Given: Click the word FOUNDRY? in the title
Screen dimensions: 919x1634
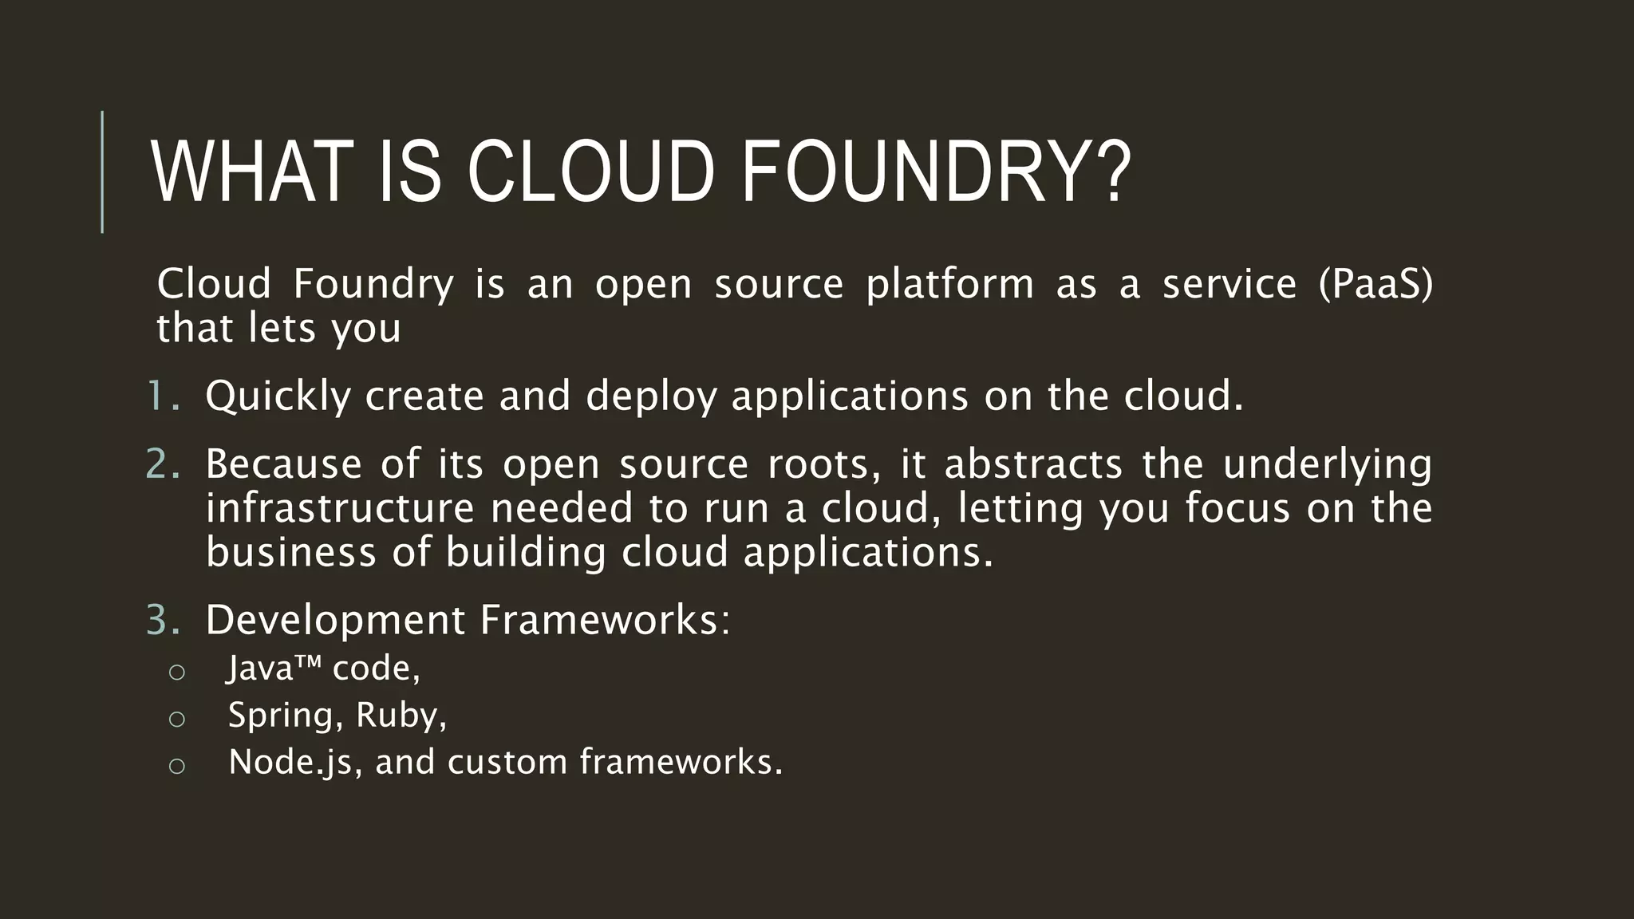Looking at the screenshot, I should pyautogui.click(x=937, y=172).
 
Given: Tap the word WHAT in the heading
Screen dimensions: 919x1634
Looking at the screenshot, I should pyautogui.click(x=252, y=172).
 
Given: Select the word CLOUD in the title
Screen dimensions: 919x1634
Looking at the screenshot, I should pyautogui.click(x=590, y=172).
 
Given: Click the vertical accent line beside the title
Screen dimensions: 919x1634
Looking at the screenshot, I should pyautogui.click(x=102, y=172).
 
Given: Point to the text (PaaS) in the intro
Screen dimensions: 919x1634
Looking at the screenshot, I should pyautogui.click(x=1375, y=284).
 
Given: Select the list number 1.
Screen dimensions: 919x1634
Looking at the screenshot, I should pyautogui.click(x=163, y=396).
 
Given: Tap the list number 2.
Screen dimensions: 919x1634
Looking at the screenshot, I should pyautogui.click(x=163, y=463).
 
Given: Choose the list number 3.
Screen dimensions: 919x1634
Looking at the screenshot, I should pyautogui.click(x=163, y=620).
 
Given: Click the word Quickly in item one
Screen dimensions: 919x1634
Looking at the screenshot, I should pyautogui.click(x=278, y=396).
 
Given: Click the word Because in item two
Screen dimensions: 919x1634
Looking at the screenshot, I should pyautogui.click(x=283, y=463).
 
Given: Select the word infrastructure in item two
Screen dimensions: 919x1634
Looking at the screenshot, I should pyautogui.click(x=340, y=508).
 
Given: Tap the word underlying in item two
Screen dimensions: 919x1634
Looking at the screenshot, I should pyautogui.click(x=1327, y=465).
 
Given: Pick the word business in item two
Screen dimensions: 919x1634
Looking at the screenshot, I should pyautogui.click(x=290, y=552).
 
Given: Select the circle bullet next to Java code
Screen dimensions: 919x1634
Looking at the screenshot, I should pyautogui.click(x=177, y=672).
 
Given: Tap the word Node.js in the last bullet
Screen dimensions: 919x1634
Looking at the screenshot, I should pyautogui.click(x=290, y=763).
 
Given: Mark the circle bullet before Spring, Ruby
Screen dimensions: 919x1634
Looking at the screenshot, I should pyautogui.click(x=177, y=719).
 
